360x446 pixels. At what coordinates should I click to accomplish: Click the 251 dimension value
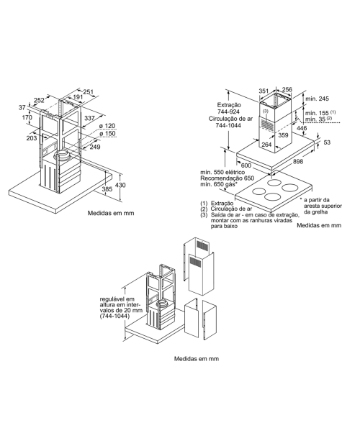(x=89, y=91)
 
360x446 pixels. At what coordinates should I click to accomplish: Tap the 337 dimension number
(x=90, y=118)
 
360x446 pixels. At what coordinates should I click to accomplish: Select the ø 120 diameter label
(x=107, y=126)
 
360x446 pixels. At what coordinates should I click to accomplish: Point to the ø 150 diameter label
(x=107, y=134)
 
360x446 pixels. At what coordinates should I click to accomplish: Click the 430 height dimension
(x=120, y=185)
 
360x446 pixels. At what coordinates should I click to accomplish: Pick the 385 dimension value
(x=107, y=189)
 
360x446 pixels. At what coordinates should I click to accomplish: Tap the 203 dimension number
(x=32, y=138)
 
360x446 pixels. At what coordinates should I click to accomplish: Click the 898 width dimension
(x=298, y=162)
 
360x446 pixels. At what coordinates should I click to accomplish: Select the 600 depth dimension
(x=246, y=165)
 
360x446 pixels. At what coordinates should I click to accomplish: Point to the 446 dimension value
(x=302, y=128)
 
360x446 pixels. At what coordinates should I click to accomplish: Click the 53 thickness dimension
(x=328, y=142)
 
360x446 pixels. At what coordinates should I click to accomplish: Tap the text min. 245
(x=317, y=99)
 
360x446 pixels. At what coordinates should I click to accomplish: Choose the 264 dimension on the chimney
(x=266, y=145)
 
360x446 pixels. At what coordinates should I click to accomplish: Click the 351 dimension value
(x=264, y=91)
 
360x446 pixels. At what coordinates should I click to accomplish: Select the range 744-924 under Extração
(x=228, y=111)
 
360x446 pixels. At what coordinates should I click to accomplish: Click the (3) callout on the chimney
(x=266, y=111)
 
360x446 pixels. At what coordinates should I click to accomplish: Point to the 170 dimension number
(x=27, y=117)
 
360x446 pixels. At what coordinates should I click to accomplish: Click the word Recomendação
(x=217, y=178)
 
